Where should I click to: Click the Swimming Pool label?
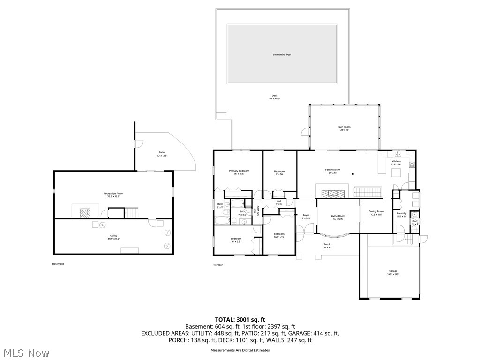pyautogui.click(x=282, y=55)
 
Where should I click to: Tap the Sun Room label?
pyautogui.click(x=345, y=127)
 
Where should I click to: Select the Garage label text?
pyautogui.click(x=392, y=271)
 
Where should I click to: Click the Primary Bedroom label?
pyautogui.click(x=239, y=171)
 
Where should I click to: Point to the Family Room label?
pyautogui.click(x=333, y=170)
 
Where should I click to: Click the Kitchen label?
pyautogui.click(x=396, y=161)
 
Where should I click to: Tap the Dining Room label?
pyautogui.click(x=376, y=211)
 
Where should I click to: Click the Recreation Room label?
pyautogui.click(x=113, y=193)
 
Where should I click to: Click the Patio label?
pyautogui.click(x=161, y=152)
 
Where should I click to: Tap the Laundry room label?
pyautogui.click(x=402, y=213)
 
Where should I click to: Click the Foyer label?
pyautogui.click(x=306, y=216)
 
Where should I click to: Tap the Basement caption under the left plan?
pyautogui.click(x=58, y=264)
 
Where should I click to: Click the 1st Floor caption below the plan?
pyautogui.click(x=218, y=265)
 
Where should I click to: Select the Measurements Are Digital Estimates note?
pyautogui.click(x=240, y=350)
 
